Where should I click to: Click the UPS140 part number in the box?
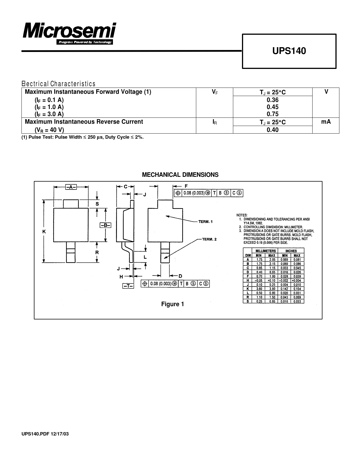click(x=289, y=51)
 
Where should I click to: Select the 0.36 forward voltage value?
click(x=272, y=100)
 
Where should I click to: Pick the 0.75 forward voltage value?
click(x=272, y=114)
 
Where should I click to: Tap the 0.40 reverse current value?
click(x=272, y=130)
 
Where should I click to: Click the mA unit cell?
click(x=326, y=122)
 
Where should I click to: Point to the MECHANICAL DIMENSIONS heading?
click(x=180, y=175)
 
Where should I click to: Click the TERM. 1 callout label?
click(x=206, y=222)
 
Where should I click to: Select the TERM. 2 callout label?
click(x=209, y=239)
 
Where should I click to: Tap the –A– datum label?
click(x=71, y=187)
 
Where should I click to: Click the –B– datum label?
click(x=105, y=225)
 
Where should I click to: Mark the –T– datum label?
click(x=128, y=286)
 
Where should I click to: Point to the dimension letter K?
click(x=44, y=232)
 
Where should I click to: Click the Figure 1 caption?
click(x=173, y=304)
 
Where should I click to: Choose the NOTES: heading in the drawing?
click(x=242, y=215)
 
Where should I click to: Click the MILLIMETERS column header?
click(x=265, y=251)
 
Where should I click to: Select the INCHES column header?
click(x=291, y=251)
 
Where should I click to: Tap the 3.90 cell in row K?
click(x=272, y=289)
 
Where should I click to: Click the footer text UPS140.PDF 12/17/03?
click(x=45, y=434)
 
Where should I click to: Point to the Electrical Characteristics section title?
click(x=59, y=84)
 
